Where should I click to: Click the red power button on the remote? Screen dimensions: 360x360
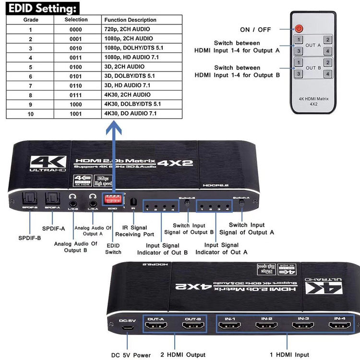pos(299,29)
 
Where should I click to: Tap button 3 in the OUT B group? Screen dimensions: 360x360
pos(299,73)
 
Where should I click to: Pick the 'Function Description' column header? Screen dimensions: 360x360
pos(130,20)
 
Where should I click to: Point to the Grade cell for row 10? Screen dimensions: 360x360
pos(30,114)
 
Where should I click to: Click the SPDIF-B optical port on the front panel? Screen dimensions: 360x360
pos(30,198)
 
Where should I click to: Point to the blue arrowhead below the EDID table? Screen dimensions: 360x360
pos(113,128)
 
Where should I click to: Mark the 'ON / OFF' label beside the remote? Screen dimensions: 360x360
pos(255,29)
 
